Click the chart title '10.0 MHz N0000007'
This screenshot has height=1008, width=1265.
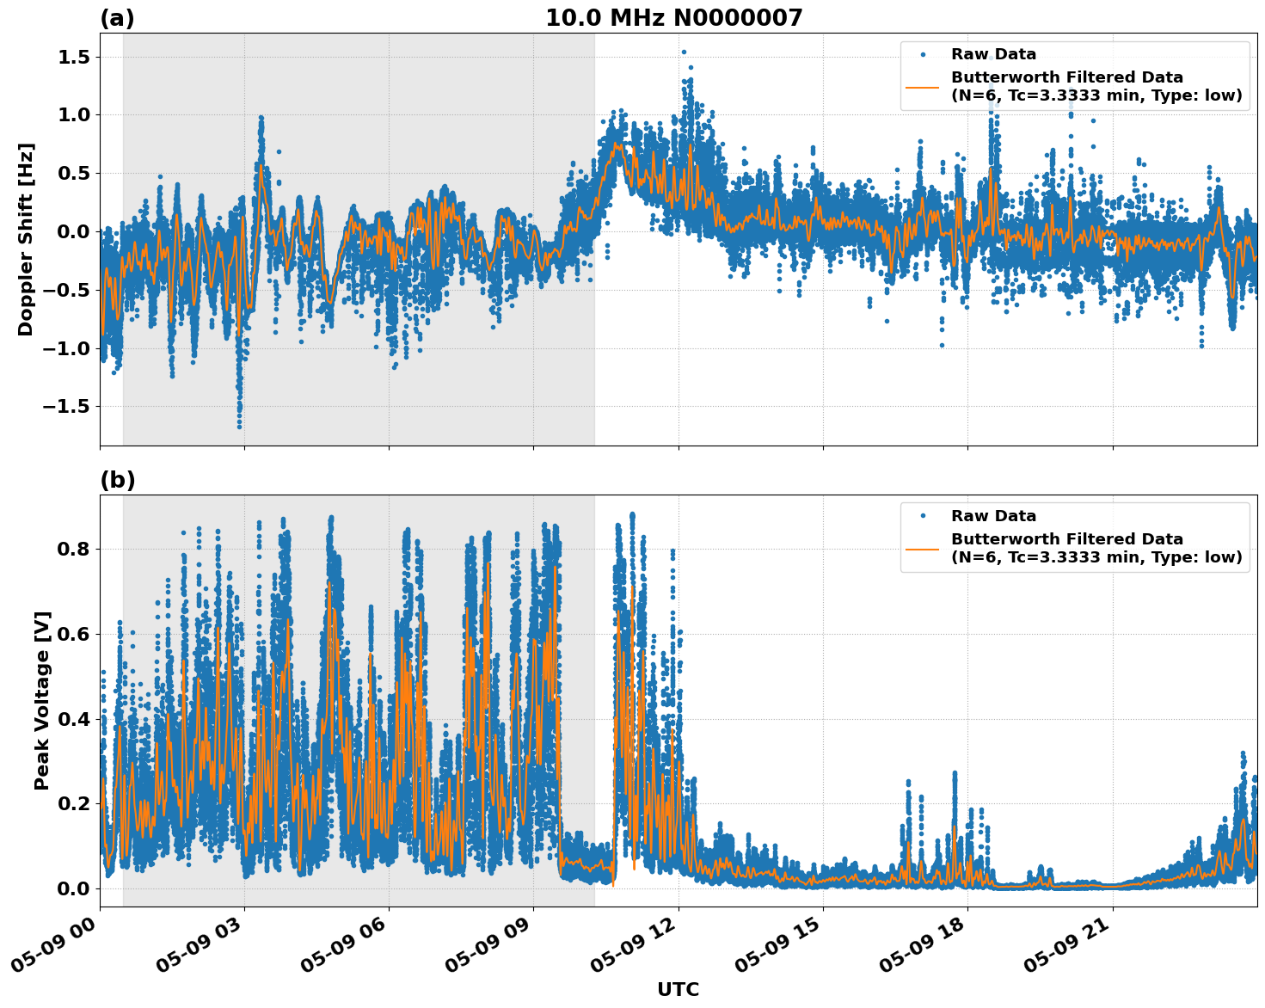673,18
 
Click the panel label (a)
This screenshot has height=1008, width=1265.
117,18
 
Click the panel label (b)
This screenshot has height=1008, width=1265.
117,480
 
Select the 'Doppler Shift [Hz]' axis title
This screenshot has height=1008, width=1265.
26,239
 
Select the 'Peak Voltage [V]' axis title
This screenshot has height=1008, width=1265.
42,700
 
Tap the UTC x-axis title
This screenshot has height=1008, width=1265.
678,989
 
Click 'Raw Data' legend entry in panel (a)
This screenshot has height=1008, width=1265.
993,55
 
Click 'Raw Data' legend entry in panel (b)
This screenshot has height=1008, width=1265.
993,516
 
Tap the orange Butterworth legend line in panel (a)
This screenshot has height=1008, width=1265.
923,86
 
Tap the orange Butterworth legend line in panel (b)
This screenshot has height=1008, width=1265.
923,548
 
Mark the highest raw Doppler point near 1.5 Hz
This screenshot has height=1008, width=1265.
684,52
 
